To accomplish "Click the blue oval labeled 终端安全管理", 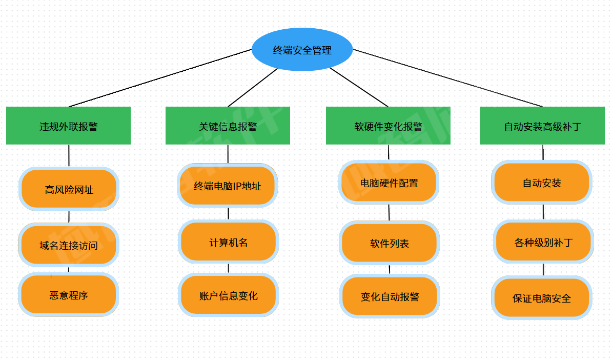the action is point(302,49).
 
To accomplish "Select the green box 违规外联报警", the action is point(68,126).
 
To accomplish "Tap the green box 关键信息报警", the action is point(228,126).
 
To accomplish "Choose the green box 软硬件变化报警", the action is point(388,126).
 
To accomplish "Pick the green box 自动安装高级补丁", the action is point(543,126).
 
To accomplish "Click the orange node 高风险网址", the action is point(69,189).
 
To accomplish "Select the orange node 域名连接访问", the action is point(68,245).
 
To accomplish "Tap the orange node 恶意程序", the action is point(68,295).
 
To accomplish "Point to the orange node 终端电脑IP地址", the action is point(228,186).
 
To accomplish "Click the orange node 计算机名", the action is point(228,242).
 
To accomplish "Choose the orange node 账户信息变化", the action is point(228,295).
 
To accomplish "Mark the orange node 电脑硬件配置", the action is point(389,183).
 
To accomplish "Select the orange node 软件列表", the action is point(390,243).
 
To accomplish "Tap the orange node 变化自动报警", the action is point(390,296).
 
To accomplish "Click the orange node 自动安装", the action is point(542,183).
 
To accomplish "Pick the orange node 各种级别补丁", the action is point(543,242).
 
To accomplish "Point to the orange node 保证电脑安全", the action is point(542,298).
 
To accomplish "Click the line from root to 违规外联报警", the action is point(160,78).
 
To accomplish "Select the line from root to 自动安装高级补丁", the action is point(448,78).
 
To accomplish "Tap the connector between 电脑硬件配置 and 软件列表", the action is point(389,212).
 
